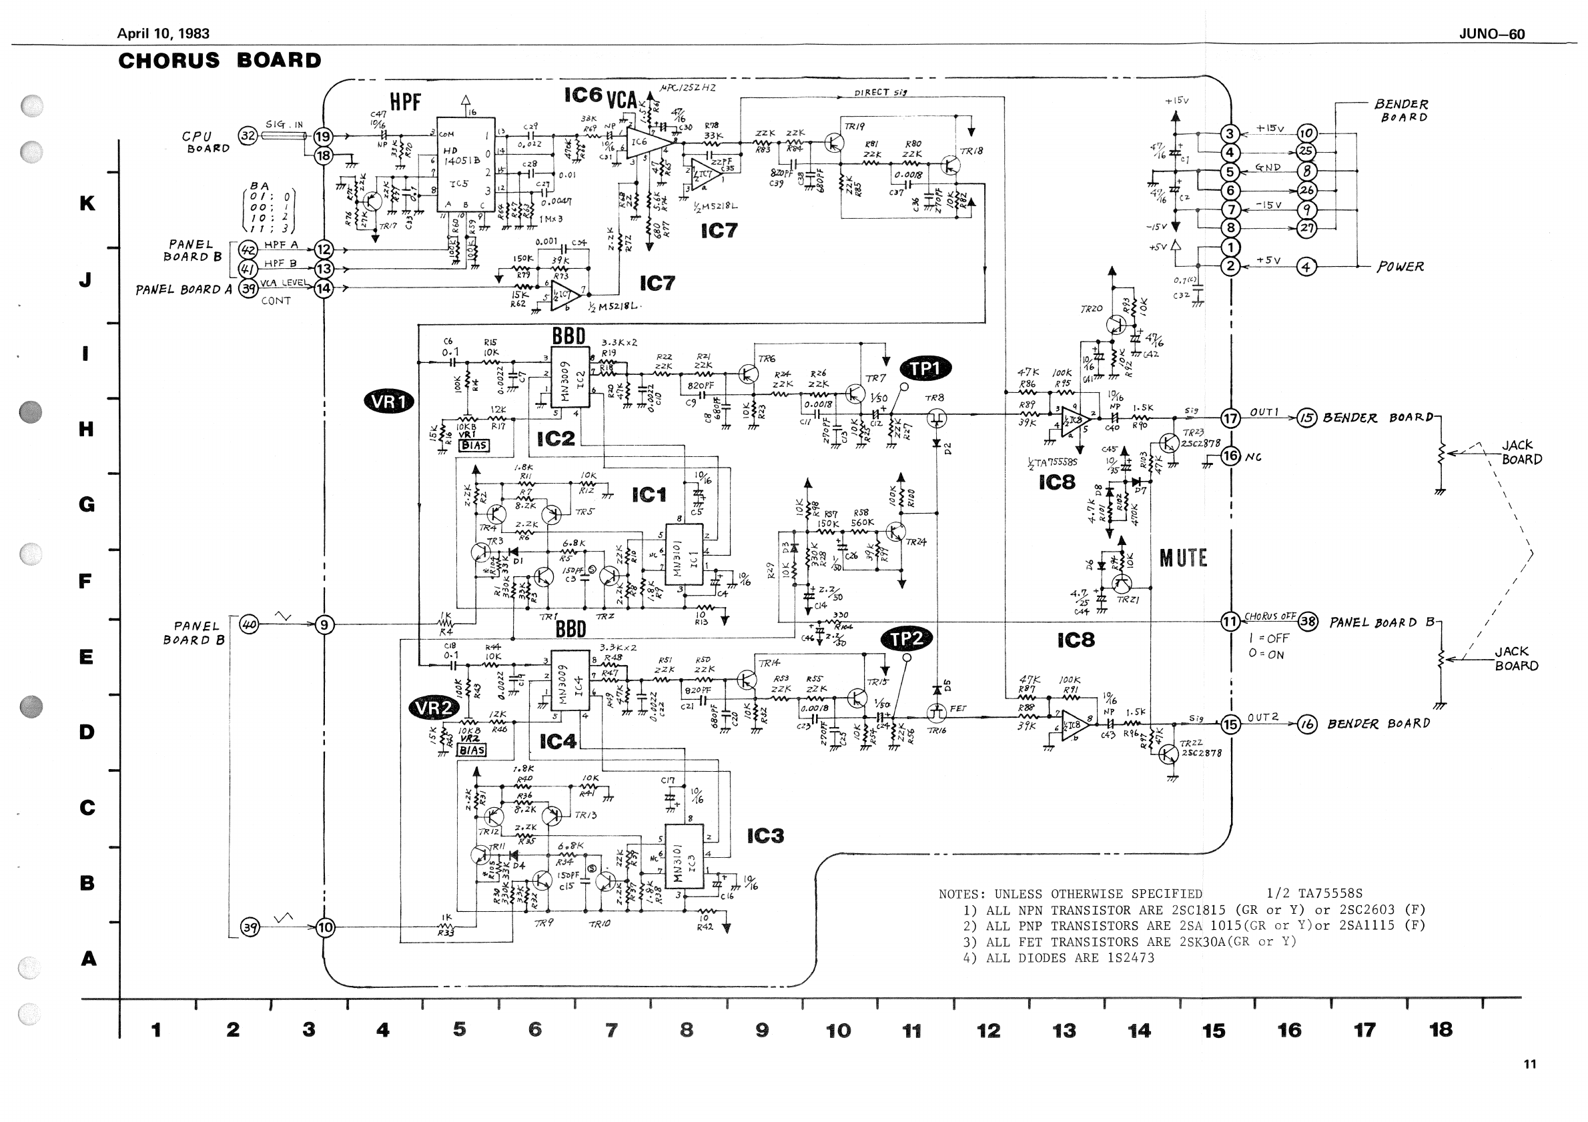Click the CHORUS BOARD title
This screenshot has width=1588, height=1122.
pos(220,61)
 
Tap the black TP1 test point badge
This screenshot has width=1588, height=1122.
pos(925,369)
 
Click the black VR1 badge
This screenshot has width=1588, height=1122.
pos(388,402)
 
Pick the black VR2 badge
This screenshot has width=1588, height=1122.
pos(434,707)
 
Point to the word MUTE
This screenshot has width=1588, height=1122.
pos(1183,558)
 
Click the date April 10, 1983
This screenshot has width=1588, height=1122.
pos(163,33)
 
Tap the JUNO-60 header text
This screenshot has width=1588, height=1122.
pos(1491,34)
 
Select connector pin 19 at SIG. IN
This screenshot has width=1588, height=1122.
pos(323,136)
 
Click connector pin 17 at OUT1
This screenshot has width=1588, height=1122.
pos(1230,418)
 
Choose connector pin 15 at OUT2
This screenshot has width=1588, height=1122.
pos(1230,724)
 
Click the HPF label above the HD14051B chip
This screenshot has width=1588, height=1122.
pos(404,102)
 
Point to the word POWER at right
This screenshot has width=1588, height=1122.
pos(1400,267)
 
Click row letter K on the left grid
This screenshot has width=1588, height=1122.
pos(87,203)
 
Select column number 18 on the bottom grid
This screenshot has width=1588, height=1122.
pos(1441,1030)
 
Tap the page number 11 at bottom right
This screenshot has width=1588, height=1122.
pos(1529,1065)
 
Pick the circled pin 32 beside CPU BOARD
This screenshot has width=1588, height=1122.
pos(248,136)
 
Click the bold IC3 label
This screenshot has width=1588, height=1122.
pos(765,836)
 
